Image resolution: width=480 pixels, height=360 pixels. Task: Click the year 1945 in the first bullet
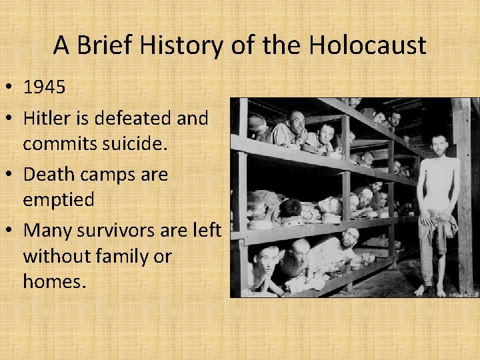coord(44,87)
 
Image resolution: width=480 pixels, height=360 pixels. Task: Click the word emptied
coord(59,199)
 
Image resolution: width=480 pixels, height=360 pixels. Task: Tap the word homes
coord(53,281)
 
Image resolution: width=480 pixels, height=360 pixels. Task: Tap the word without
coord(55,255)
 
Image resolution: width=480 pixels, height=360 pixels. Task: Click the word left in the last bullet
coord(208,231)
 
